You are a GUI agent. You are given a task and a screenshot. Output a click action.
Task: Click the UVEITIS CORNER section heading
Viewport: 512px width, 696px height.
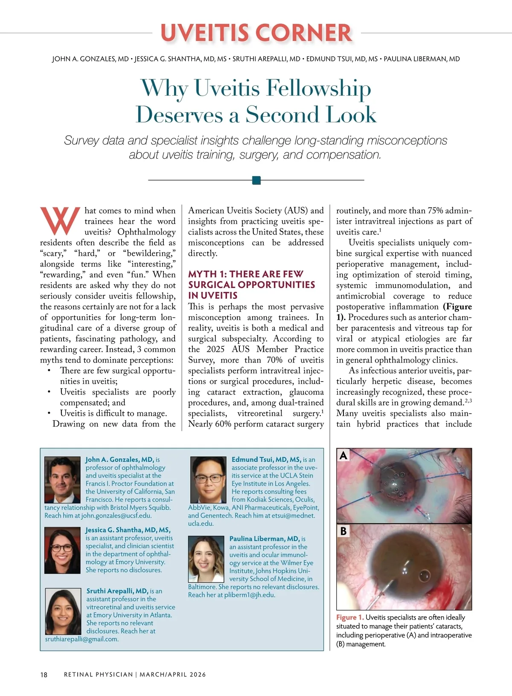coord(256,33)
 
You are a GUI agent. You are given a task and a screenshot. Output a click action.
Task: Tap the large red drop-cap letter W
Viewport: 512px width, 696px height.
coord(60,221)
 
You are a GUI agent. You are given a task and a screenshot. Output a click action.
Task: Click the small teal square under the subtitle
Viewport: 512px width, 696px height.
coord(256,180)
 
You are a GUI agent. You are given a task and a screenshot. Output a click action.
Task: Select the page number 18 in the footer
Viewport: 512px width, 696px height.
coord(44,675)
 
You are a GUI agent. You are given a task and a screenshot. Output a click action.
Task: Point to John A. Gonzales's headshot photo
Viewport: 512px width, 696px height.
coord(62,480)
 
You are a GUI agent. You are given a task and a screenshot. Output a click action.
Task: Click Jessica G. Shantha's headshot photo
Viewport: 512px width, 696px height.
coord(62,550)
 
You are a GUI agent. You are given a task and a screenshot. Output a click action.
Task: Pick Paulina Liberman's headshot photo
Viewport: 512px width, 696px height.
coord(206,559)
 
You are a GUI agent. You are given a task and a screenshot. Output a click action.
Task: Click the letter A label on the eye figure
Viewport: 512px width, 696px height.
coord(343,456)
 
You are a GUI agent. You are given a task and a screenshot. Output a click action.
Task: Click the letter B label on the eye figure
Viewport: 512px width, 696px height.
coord(343,531)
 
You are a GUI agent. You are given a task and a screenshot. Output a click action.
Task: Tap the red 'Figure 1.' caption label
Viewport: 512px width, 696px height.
coord(350,617)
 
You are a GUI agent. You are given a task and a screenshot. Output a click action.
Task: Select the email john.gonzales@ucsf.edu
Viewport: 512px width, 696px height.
coord(116,515)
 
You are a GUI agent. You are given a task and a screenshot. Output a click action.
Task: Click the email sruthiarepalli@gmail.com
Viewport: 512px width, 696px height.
coord(82,639)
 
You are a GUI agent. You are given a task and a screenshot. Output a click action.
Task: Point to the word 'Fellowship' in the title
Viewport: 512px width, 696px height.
coord(318,88)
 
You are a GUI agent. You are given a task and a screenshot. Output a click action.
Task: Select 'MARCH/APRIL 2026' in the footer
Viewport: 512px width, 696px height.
coord(173,675)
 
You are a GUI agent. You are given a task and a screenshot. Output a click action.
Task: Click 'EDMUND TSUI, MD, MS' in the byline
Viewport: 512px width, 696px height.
coord(342,59)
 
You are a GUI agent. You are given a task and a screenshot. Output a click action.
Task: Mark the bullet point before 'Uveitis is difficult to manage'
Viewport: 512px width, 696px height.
coord(50,413)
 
